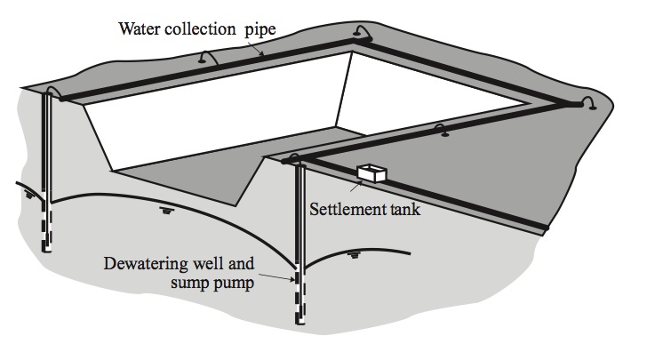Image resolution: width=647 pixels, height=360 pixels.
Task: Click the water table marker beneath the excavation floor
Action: pos(166,211)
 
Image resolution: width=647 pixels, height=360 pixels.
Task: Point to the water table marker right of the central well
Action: pos(356,254)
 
